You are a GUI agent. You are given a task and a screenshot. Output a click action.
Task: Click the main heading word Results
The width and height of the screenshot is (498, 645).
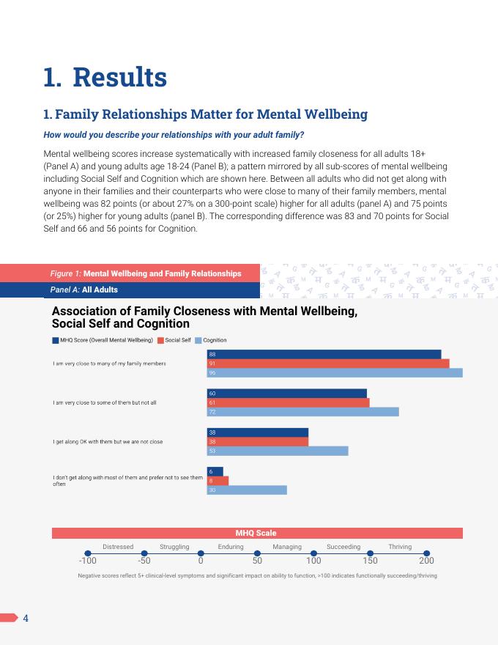click(x=120, y=77)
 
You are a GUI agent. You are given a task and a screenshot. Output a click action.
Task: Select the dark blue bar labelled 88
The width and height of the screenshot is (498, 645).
click(x=324, y=354)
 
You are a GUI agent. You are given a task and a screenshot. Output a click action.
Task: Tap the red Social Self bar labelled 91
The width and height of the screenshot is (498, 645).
click(x=328, y=364)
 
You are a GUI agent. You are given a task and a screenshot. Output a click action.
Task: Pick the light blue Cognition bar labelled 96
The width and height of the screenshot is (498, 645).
click(x=335, y=372)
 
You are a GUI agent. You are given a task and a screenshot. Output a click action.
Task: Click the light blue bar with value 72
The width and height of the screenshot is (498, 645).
click(x=302, y=412)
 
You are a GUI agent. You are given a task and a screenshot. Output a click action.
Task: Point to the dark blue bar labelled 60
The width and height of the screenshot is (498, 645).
click(x=286, y=394)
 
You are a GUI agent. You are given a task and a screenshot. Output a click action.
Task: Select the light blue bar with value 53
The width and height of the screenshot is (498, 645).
click(x=278, y=451)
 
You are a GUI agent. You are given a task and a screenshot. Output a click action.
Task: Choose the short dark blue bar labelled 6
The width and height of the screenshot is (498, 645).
click(x=215, y=471)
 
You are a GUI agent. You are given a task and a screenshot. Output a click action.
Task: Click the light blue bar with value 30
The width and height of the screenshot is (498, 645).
click(x=247, y=490)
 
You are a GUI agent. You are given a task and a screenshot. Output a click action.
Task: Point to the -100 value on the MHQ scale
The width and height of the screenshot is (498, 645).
click(x=87, y=561)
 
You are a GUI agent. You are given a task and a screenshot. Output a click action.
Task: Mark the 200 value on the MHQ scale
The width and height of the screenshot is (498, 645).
click(x=426, y=561)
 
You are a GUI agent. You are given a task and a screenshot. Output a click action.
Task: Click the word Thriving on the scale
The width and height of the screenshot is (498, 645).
click(x=400, y=547)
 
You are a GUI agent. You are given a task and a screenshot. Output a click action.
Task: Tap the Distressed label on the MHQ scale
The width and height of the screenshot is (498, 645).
click(x=118, y=547)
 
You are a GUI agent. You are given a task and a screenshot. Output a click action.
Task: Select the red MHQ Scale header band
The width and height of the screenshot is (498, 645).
click(x=256, y=533)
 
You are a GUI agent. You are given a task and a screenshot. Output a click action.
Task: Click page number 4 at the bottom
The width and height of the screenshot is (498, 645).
click(x=26, y=618)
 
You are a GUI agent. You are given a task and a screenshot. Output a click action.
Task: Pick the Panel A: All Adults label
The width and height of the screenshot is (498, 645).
click(x=84, y=290)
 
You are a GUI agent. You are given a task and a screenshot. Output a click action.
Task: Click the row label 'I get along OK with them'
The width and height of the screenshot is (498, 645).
click(x=108, y=442)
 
